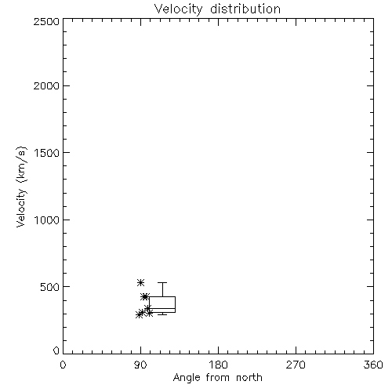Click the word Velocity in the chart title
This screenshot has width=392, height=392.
pyautogui.click(x=179, y=9)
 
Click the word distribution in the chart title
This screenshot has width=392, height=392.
pyautogui.click(x=245, y=9)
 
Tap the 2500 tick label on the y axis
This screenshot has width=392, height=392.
pyautogui.click(x=46, y=21)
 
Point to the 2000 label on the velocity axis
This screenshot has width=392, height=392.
pyautogui.click(x=46, y=86)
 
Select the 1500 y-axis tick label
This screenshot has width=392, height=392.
pyautogui.click(x=47, y=153)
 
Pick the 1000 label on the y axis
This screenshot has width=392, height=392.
pyautogui.click(x=47, y=220)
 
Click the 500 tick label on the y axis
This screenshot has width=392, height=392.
pyautogui.click(x=50, y=287)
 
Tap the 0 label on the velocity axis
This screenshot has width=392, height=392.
pyautogui.click(x=56, y=350)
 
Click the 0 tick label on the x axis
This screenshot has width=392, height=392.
pyautogui.click(x=63, y=365)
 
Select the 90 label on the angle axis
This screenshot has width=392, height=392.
pyautogui.click(x=140, y=365)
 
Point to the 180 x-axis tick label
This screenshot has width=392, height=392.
pyautogui.click(x=218, y=365)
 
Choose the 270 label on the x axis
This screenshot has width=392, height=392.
pyautogui.click(x=296, y=365)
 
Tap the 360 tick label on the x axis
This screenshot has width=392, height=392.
pyautogui.click(x=373, y=365)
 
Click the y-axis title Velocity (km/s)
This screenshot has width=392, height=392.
pyautogui.click(x=21, y=187)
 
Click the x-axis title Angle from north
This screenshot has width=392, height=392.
pyautogui.click(x=218, y=378)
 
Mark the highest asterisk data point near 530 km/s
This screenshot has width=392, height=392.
pyautogui.click(x=141, y=282)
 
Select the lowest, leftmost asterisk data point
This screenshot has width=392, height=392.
pyautogui.click(x=140, y=314)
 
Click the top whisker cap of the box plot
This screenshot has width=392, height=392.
pyautogui.click(x=162, y=282)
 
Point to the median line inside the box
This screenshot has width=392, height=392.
pyautogui.click(x=162, y=308)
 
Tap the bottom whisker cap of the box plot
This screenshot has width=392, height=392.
pyautogui.click(x=162, y=314)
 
